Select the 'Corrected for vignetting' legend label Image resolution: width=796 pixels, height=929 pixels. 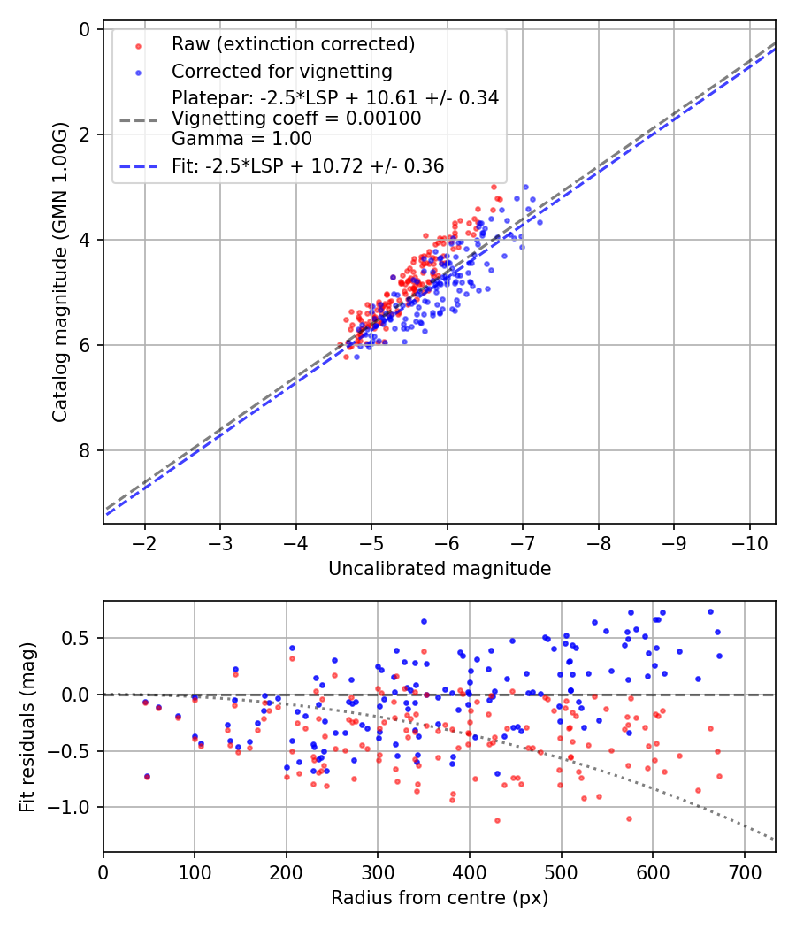[x=281, y=71]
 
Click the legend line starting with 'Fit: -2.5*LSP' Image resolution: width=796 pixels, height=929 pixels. [x=308, y=165]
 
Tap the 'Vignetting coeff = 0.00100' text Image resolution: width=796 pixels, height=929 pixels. [x=296, y=119]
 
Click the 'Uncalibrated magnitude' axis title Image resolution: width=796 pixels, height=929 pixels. [x=440, y=569]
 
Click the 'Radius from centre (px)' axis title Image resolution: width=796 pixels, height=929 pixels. [x=440, y=898]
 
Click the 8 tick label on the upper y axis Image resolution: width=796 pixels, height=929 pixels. [x=84, y=450]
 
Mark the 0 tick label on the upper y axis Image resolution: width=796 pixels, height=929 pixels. [x=84, y=29]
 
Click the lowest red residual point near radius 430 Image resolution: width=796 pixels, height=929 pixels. [x=497, y=820]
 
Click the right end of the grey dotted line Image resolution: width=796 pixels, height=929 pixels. [x=775, y=840]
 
